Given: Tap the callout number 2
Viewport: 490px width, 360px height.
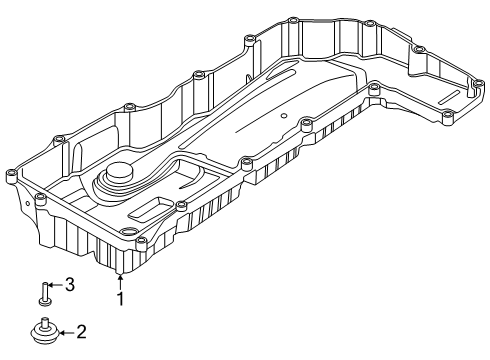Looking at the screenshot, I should pos(82,331).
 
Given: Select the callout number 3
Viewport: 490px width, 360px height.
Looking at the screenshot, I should pos(70,284).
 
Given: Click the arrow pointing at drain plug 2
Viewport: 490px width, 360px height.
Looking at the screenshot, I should pos(64,331).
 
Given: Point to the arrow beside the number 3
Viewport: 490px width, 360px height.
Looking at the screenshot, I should pos(56,285).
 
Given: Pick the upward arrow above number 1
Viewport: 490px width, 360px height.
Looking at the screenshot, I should pos(120,281).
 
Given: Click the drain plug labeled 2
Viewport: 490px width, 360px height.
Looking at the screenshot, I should pos(46,330).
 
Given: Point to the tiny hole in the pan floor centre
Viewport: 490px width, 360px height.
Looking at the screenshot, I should pos(284,118).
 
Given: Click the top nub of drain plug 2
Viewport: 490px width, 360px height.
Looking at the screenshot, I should pos(44,320).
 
